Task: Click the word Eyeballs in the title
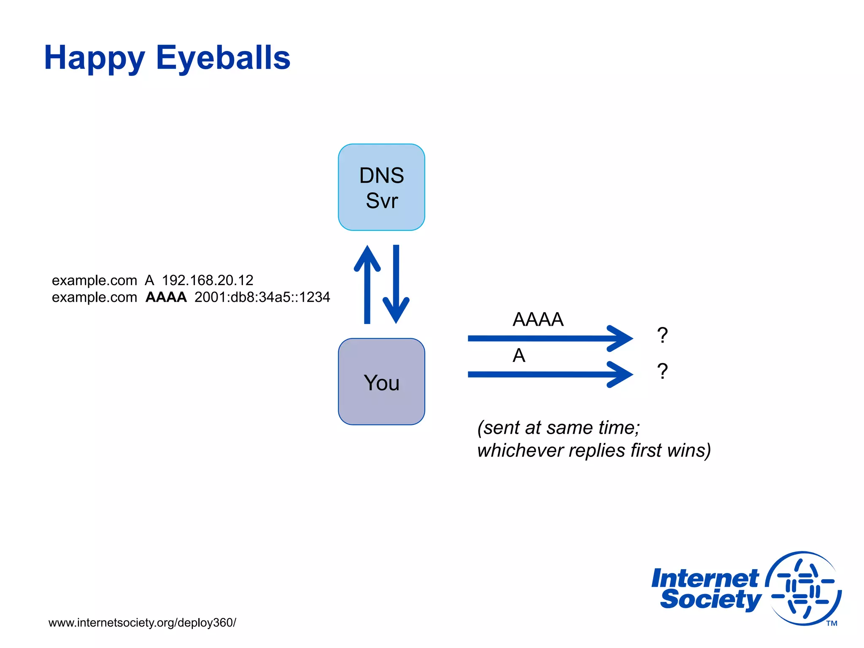[223, 58]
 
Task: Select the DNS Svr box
[381, 187]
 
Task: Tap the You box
[381, 382]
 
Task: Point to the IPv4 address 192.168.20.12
[208, 280]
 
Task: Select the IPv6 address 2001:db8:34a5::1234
[262, 297]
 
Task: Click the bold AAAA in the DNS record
[166, 297]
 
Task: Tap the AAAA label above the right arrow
[538, 319]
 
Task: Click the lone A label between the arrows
[519, 356]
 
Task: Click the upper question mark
[662, 335]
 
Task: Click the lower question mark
[662, 372]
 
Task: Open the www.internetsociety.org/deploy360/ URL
[142, 623]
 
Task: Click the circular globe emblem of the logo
[803, 589]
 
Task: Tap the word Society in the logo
[710, 599]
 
